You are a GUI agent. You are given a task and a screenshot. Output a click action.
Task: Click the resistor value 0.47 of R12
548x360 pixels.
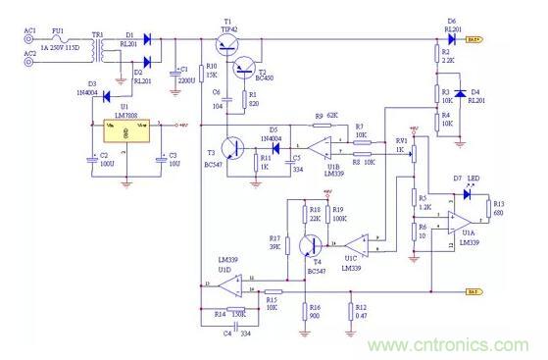coord(361,315)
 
